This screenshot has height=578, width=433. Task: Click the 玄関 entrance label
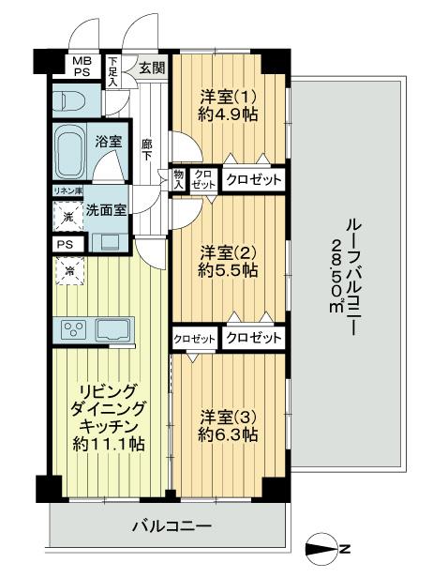point(152,68)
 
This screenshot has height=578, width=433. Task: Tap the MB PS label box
point(82,67)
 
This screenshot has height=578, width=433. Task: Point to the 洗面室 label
point(106,210)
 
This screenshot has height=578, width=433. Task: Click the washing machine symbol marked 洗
point(68,216)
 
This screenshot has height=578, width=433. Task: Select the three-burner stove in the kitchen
point(75,329)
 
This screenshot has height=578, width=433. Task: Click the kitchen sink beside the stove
point(112,330)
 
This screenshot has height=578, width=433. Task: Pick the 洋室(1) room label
point(228,98)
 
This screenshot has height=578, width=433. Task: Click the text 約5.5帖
point(228,271)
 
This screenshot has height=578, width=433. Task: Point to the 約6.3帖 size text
point(228,435)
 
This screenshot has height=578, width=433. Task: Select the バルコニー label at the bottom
point(172,525)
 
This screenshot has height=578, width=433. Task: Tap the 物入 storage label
point(179,179)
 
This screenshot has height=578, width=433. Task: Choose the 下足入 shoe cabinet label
point(112,72)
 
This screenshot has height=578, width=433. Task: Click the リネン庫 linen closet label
point(68,191)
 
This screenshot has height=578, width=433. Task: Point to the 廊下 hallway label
point(147,150)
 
